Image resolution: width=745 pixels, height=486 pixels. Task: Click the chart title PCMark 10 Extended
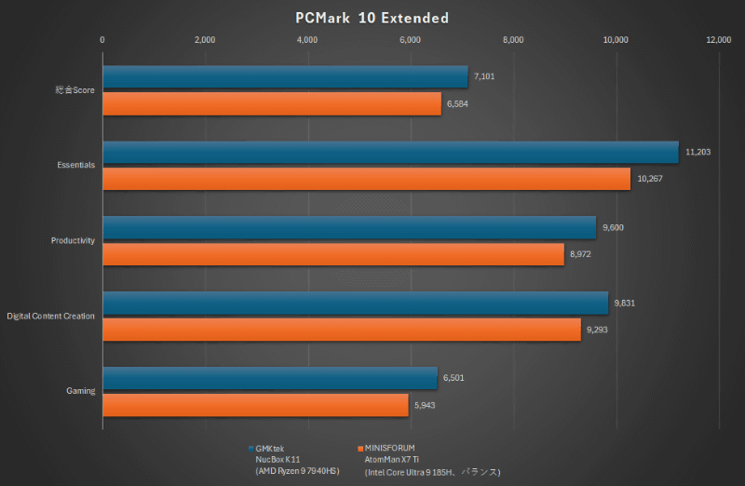point(372,18)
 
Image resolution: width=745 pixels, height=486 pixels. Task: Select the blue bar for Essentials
point(390,153)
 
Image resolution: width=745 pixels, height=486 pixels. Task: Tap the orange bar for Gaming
point(255,405)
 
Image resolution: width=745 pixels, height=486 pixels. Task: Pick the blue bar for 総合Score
point(285,77)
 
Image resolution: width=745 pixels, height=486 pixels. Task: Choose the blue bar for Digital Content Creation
point(355,304)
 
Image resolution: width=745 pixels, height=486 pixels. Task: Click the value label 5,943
point(427,405)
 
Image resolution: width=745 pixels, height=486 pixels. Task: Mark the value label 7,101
point(483,76)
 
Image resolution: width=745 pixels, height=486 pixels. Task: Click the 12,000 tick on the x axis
point(718,40)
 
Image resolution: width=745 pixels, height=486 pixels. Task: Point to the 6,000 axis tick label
point(410,40)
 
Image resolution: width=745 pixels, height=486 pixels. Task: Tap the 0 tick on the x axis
point(102,40)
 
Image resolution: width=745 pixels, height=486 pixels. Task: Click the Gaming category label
point(80,391)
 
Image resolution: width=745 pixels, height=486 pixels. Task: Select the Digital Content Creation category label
point(50,317)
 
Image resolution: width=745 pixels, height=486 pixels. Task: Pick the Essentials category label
point(75,165)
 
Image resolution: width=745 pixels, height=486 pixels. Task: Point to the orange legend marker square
point(359,448)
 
